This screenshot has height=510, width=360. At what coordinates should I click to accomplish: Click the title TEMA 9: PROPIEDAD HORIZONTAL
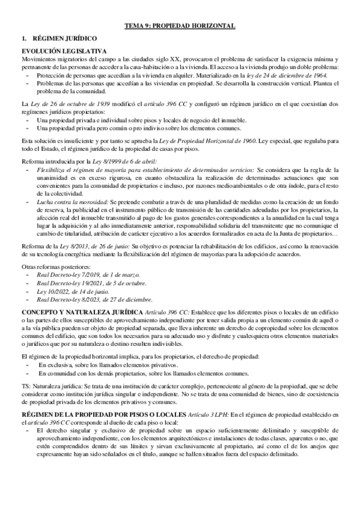pyautogui.click(x=180, y=26)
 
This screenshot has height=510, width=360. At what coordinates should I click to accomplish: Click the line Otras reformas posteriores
pyautogui.click(x=56, y=266)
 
